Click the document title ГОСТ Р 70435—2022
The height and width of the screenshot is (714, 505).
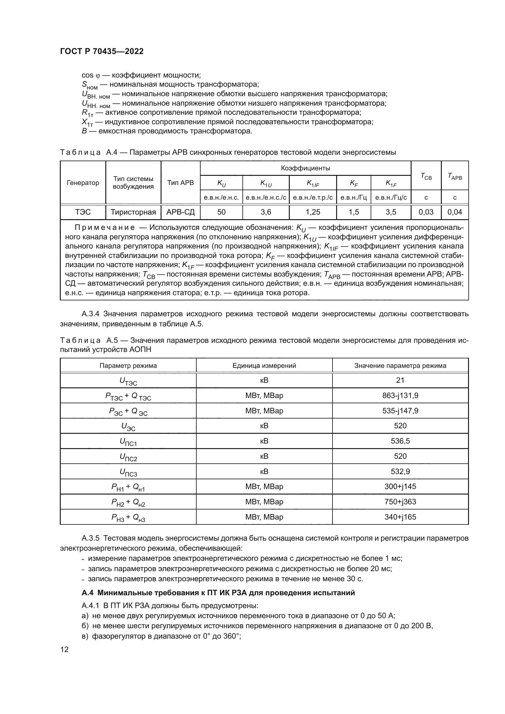(x=102, y=51)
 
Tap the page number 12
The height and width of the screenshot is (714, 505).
(x=64, y=649)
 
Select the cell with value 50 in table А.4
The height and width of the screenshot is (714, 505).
(x=221, y=212)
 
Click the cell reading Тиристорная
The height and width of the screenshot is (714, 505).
(x=133, y=212)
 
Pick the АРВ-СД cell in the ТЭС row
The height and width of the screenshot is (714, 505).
(x=180, y=212)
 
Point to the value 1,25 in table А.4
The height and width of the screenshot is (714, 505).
(x=313, y=212)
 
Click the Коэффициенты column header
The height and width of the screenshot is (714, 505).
(x=305, y=168)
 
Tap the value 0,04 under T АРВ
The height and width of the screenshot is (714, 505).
(x=455, y=212)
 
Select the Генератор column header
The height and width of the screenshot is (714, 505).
(x=83, y=183)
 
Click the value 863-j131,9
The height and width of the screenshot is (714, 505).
(x=400, y=396)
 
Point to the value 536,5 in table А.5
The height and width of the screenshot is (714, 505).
(x=400, y=441)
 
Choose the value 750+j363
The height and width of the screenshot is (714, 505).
(x=400, y=502)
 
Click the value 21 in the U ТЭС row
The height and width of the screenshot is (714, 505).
(x=400, y=380)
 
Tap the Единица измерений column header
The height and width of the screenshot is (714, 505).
(x=264, y=365)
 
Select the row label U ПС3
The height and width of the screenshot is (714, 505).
(x=128, y=472)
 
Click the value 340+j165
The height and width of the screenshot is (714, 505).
(x=400, y=517)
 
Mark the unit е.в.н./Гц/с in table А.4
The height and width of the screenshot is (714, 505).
(x=391, y=198)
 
